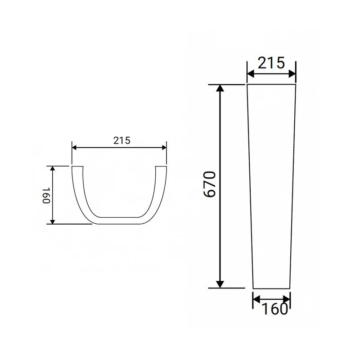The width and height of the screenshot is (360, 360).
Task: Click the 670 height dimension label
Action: point(210,184)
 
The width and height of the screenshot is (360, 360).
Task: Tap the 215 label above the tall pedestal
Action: point(271,63)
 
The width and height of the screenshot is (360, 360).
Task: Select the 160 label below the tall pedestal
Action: point(274,309)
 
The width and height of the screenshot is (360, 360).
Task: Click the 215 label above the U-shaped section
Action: point(121,140)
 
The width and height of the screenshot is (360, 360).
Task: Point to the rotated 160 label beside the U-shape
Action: point(46,195)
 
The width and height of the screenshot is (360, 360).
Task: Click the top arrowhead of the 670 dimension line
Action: point(220,88)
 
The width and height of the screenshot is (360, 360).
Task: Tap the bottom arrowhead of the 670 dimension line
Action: point(220,284)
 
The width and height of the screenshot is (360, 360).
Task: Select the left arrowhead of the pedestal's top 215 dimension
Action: point(251,74)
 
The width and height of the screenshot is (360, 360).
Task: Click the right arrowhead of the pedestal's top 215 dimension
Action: point(292,74)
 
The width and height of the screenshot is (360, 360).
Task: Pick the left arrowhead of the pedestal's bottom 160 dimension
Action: point(256,299)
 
